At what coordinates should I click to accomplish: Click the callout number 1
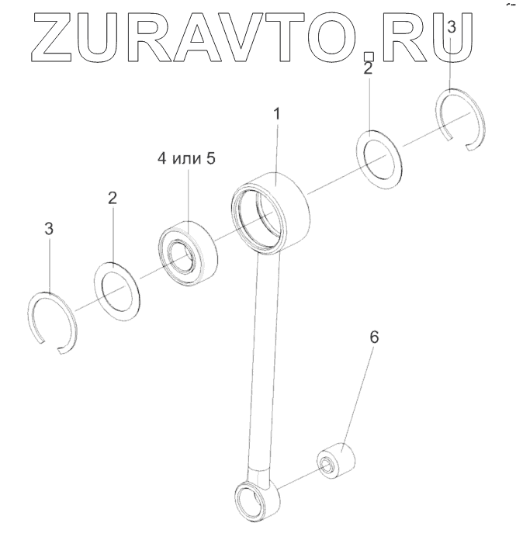pyautogui.click(x=278, y=113)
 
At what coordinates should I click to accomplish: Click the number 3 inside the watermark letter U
pyautogui.click(x=452, y=27)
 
